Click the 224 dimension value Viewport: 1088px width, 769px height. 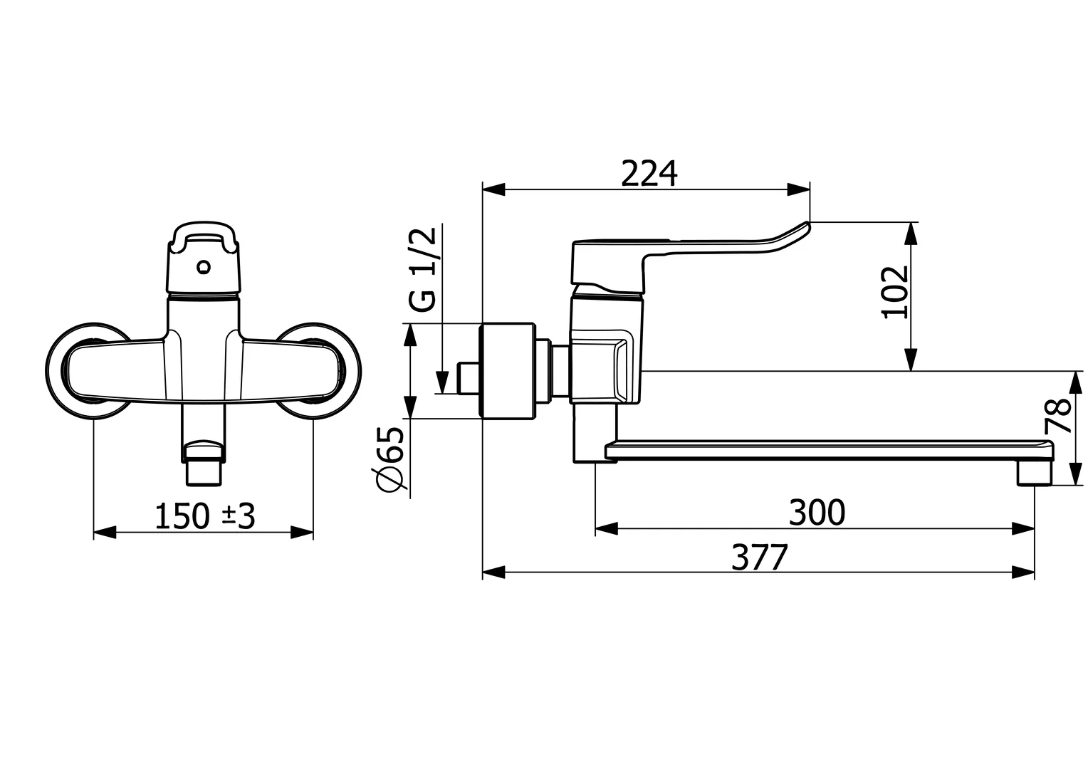point(649,173)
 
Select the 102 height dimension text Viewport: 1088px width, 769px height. point(895,292)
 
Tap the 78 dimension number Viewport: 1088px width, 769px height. point(1059,417)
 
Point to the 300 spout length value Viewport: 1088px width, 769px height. point(817,512)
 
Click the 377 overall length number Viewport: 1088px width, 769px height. point(760,558)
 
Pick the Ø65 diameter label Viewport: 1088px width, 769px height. point(391,459)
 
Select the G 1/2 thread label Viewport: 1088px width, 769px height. point(422,271)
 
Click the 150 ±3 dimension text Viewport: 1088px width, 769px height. point(204,517)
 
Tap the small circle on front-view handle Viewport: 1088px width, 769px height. point(205,268)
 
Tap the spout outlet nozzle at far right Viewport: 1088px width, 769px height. point(1035,473)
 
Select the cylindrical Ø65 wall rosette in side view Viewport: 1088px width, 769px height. point(508,370)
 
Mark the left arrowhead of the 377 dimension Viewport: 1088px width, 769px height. point(493,572)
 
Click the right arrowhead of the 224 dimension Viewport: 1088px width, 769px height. point(799,189)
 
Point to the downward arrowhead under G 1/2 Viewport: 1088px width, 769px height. point(442,382)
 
